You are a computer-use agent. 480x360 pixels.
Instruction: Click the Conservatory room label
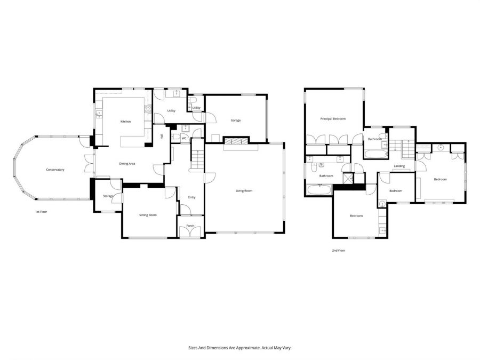click(55, 170)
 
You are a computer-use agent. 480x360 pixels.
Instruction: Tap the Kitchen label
click(125, 122)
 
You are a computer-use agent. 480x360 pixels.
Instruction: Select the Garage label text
click(235, 120)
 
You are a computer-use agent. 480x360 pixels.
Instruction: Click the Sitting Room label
click(148, 215)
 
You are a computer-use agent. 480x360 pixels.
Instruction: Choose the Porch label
click(190, 226)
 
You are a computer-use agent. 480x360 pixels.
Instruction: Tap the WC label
click(184, 139)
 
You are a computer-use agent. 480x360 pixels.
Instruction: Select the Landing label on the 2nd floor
click(399, 166)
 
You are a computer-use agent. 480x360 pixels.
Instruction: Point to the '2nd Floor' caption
click(338, 250)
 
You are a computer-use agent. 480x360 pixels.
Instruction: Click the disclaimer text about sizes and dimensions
click(239, 347)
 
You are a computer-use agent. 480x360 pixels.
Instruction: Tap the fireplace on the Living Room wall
click(235, 141)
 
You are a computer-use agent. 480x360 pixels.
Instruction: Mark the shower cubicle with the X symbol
click(348, 178)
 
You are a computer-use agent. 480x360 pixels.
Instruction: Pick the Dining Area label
click(126, 163)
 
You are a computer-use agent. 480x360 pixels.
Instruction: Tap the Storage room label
click(108, 196)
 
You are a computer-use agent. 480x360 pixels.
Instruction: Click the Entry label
click(191, 197)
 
